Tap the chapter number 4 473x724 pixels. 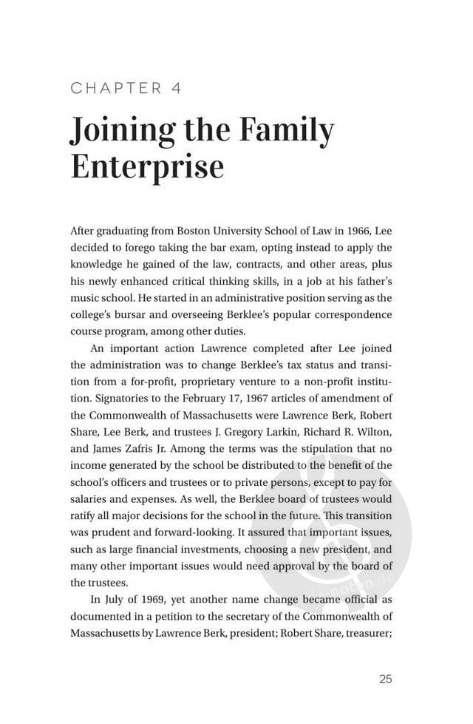click(x=176, y=89)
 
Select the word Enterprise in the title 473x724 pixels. click(x=147, y=167)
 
